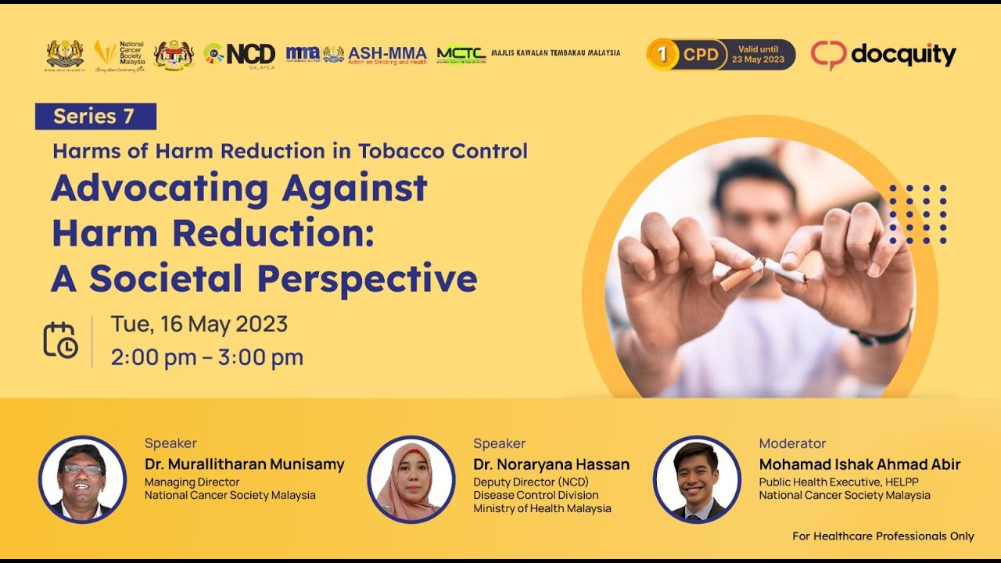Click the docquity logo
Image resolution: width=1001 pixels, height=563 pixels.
click(883, 55)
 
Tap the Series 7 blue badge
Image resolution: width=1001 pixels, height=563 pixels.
click(95, 117)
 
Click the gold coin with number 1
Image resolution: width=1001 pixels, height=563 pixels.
click(662, 55)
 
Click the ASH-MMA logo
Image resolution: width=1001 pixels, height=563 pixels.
click(387, 54)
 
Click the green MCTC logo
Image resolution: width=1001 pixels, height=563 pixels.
click(461, 54)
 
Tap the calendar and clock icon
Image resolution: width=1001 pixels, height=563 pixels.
click(60, 340)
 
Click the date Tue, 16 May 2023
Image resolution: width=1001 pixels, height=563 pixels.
click(199, 324)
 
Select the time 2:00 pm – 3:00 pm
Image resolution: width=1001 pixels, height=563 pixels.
click(206, 357)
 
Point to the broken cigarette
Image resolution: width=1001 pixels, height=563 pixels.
click(762, 271)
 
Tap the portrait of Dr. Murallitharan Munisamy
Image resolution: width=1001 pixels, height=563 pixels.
click(82, 479)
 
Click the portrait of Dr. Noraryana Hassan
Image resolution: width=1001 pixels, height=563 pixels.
click(411, 479)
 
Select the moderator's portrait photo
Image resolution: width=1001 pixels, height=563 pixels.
click(696, 479)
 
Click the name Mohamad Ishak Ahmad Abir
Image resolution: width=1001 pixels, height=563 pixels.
click(859, 464)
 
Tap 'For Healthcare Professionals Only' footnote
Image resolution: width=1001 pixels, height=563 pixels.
click(883, 536)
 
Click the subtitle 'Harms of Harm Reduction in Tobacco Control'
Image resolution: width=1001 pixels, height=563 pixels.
click(290, 151)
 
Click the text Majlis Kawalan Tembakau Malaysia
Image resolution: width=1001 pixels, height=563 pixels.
click(555, 53)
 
